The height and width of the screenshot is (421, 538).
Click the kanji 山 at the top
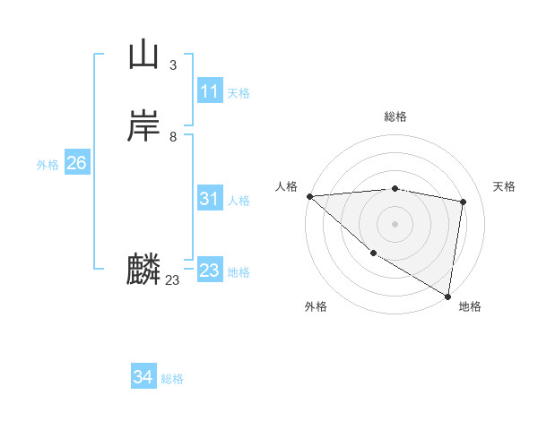click(143, 56)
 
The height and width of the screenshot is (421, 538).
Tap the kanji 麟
click(143, 269)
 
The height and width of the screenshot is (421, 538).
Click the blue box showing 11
click(210, 91)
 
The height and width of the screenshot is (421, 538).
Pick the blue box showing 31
click(210, 199)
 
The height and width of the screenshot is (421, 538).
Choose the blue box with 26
click(76, 163)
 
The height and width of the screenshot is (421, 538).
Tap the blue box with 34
click(143, 377)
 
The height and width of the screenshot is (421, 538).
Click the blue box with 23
click(210, 270)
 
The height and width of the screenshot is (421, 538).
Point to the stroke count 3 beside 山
click(172, 65)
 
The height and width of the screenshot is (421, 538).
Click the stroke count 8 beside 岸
click(172, 136)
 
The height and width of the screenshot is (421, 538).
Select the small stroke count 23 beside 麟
click(172, 280)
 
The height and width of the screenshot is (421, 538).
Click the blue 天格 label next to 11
click(239, 92)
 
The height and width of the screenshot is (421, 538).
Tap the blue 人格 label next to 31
click(239, 200)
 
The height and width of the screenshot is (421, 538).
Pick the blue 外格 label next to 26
click(48, 164)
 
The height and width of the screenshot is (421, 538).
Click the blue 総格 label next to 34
click(172, 379)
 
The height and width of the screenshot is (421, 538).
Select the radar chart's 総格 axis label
click(395, 116)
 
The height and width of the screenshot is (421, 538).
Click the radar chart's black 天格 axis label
click(505, 186)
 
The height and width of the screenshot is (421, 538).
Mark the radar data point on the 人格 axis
click(309, 195)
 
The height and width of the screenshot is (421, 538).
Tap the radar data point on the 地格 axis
click(448, 296)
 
